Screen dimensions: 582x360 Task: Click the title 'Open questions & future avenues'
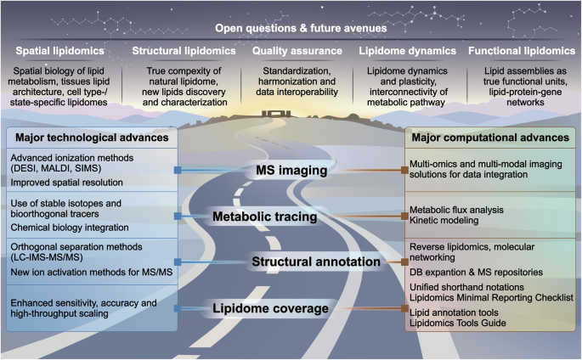[301, 28]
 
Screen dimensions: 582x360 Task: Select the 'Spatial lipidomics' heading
[59, 51]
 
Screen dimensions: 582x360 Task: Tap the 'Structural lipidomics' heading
[184, 51]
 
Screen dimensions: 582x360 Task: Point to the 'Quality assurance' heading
[297, 51]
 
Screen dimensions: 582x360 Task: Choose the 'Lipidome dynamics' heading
[408, 51]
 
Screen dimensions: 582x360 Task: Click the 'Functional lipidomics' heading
[522, 51]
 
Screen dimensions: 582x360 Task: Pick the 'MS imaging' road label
[291, 170]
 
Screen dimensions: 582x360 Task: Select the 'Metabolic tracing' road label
[264, 217]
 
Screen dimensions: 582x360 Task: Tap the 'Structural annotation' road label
[316, 262]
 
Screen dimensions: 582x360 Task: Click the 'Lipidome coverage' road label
[270, 308]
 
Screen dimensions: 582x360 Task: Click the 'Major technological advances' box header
[92, 138]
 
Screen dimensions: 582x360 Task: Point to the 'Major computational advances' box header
[490, 138]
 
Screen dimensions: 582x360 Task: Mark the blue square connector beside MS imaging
[178, 170]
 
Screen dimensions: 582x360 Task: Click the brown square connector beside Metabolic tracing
[404, 217]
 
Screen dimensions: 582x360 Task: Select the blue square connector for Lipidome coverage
[178, 308]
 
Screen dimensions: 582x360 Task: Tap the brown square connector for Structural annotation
[404, 262]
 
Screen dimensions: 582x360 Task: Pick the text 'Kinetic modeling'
[444, 221]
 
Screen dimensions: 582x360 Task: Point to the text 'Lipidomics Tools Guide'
[458, 323]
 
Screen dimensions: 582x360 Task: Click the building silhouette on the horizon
[276, 114]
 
